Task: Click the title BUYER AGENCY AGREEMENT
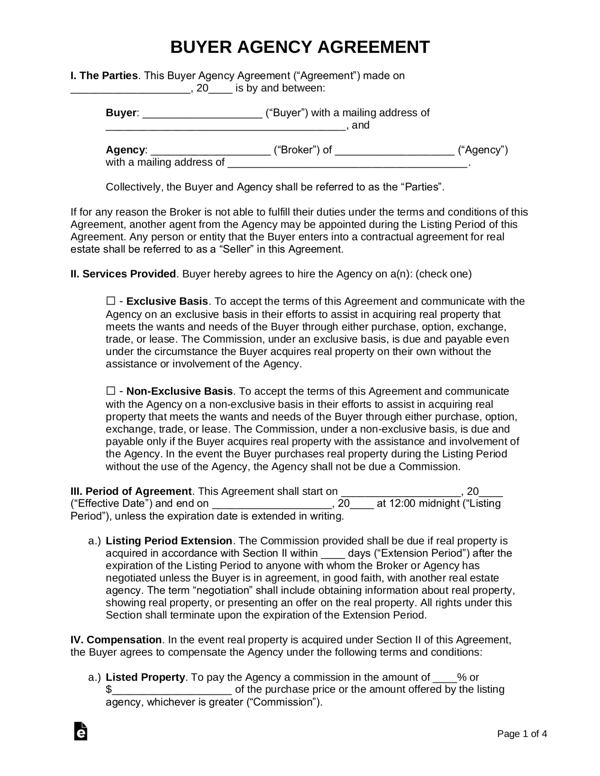pos(300,47)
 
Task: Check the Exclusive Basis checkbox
pos(110,302)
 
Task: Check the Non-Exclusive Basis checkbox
pos(110,391)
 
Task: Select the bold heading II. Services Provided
pos(123,274)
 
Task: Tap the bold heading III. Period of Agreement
pos(131,491)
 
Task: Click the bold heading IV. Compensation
pos(116,640)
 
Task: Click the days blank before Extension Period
pos(333,554)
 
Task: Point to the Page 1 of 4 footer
pos(522,734)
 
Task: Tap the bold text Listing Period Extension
pos(169,541)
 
